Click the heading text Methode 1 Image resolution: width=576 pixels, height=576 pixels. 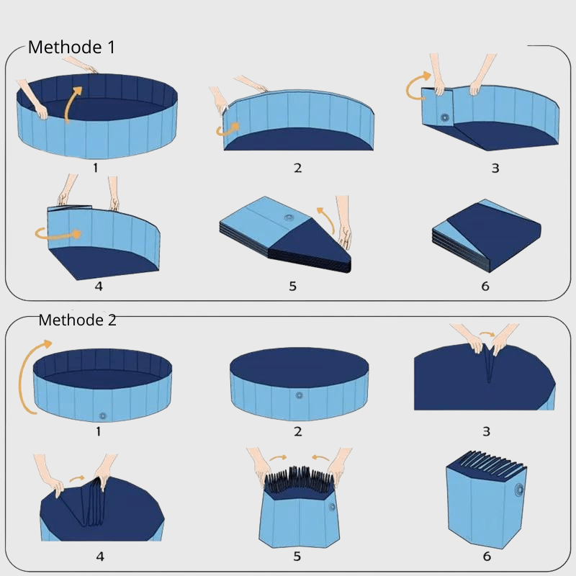tap(71, 48)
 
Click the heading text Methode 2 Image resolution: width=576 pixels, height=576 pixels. tap(78, 320)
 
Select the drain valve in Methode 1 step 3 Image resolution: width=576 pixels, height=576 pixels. tap(445, 118)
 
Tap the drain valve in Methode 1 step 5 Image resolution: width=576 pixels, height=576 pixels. tap(289, 218)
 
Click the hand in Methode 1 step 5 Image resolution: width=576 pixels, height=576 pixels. tap(343, 222)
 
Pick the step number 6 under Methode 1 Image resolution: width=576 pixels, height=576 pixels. tap(485, 286)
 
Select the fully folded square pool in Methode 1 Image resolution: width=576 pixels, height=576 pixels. tap(487, 236)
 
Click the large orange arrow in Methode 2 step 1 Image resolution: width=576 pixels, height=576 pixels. tap(27, 374)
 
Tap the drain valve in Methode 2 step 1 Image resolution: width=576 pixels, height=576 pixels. tap(102, 416)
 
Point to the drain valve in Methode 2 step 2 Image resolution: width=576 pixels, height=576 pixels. tap(299, 395)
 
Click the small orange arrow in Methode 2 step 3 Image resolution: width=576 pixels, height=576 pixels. tap(487, 334)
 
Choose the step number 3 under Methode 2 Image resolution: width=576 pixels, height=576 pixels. tap(487, 431)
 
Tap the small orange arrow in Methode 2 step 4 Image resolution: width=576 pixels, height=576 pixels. tap(77, 478)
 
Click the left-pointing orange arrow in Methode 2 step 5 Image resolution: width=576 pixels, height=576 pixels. tap(320, 458)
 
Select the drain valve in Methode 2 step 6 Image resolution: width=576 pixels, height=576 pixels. tap(519, 490)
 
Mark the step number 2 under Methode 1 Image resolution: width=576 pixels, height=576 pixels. tap(298, 168)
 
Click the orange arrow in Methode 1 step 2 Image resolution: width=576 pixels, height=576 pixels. tap(228, 130)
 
